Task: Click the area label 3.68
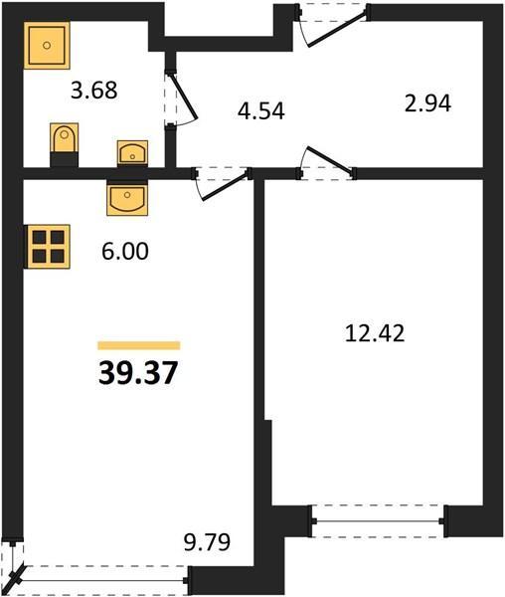point(93,91)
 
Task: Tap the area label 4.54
point(261,111)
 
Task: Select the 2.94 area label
point(427,103)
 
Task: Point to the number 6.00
point(125,252)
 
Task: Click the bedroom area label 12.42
point(375,333)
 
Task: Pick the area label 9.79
point(207,542)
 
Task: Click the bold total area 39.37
point(138,373)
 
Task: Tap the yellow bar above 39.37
point(139,345)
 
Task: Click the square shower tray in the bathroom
point(47,46)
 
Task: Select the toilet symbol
point(65,144)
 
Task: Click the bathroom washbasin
point(132,153)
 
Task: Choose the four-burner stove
point(47,247)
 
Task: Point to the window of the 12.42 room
point(378,520)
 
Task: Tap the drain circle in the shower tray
point(47,46)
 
